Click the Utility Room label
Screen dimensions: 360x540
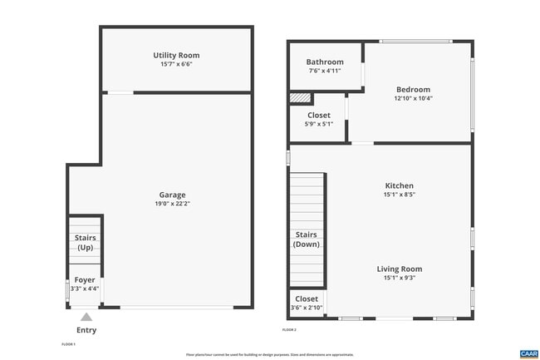pyautogui.click(x=176, y=55)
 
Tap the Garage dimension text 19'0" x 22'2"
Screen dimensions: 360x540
pyautogui.click(x=173, y=204)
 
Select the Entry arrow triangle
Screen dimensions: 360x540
pyautogui.click(x=86, y=317)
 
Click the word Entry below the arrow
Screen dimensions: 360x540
pyautogui.click(x=86, y=330)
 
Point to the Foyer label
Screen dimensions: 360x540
pyautogui.click(x=85, y=280)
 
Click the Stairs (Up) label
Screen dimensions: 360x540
pyautogui.click(x=85, y=243)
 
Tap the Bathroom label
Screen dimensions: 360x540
pyautogui.click(x=324, y=62)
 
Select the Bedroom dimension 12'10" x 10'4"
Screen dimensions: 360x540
pyautogui.click(x=413, y=98)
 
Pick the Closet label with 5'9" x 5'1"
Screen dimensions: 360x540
pyautogui.click(x=319, y=116)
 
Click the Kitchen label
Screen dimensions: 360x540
pyautogui.click(x=399, y=185)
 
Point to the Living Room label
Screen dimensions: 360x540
pyautogui.click(x=399, y=269)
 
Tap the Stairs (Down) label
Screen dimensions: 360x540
pyautogui.click(x=307, y=239)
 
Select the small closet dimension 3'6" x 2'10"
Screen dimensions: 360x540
pyautogui.click(x=307, y=308)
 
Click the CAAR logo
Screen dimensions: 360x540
pyautogui.click(x=528, y=353)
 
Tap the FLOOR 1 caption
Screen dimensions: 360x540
pyautogui.click(x=69, y=343)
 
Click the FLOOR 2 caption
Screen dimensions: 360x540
pyautogui.click(x=289, y=330)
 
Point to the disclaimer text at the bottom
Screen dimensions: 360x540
pyautogui.click(x=269, y=354)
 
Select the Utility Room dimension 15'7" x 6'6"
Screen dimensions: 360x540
pyautogui.click(x=176, y=64)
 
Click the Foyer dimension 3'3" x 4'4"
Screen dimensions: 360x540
pyautogui.click(x=85, y=289)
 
